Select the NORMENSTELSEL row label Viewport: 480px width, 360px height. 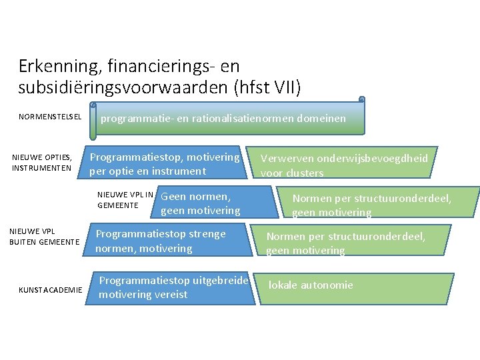[50, 117]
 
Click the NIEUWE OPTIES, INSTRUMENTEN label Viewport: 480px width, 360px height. [42, 163]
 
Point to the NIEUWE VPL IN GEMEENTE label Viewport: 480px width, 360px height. [125, 200]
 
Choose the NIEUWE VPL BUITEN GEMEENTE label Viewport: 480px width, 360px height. [45, 236]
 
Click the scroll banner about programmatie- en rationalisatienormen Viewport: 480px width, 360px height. [227, 119]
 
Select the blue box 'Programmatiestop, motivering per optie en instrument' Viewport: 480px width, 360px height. [164, 164]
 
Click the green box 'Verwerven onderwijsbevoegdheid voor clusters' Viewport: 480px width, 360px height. [344, 164]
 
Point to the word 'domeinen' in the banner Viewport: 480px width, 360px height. [322, 119]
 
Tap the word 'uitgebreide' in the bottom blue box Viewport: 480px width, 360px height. [221, 281]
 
